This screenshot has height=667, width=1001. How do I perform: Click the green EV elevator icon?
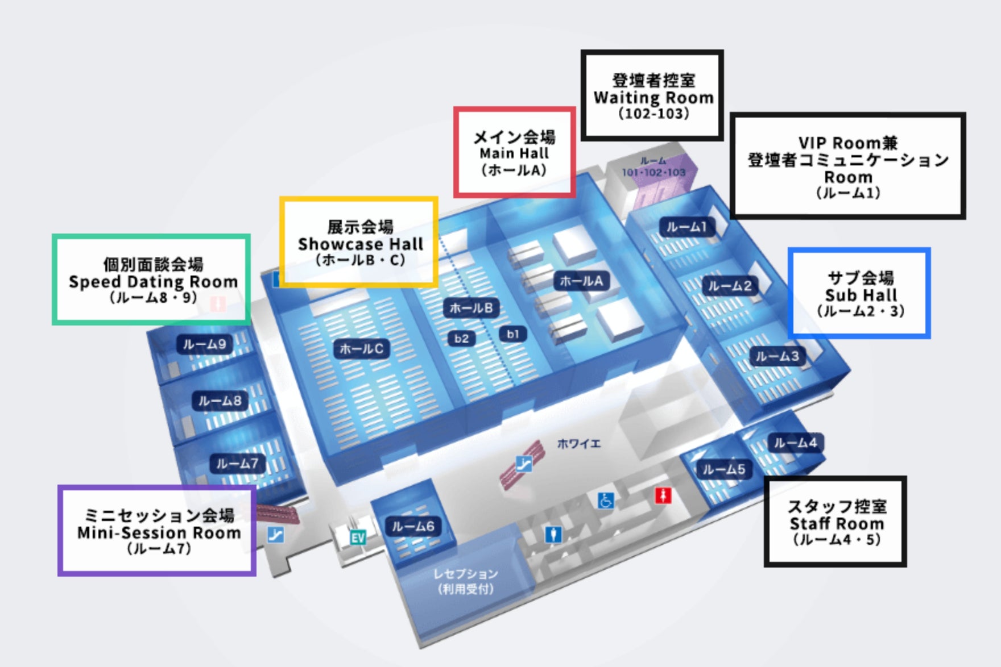(x=358, y=537)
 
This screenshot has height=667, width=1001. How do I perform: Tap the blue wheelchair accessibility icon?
(x=606, y=501)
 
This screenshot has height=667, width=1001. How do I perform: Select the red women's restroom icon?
(x=663, y=495)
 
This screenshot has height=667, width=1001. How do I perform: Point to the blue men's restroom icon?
(x=553, y=534)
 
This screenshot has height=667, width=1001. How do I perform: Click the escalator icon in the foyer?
(x=524, y=464)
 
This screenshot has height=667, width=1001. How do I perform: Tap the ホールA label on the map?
(x=581, y=281)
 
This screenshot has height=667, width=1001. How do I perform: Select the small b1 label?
(x=513, y=334)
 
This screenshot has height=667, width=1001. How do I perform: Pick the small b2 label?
(x=462, y=339)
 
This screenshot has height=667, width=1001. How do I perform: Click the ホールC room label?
(x=362, y=348)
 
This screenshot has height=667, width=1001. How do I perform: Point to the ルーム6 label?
(x=413, y=527)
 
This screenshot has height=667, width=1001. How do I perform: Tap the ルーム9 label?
(x=205, y=344)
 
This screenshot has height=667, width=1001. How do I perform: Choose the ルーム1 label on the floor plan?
(x=686, y=227)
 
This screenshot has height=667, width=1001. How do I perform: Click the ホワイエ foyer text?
(x=578, y=444)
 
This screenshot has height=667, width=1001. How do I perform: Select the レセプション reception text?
(x=466, y=574)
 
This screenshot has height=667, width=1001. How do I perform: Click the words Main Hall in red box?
(x=514, y=153)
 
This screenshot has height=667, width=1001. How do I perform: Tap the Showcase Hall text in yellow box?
(x=361, y=244)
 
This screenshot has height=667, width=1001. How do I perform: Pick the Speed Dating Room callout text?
(x=153, y=281)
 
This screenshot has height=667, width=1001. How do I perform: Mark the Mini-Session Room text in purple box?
(x=159, y=532)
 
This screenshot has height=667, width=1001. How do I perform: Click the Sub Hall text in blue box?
(x=861, y=295)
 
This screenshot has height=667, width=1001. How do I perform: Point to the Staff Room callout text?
(x=837, y=523)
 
